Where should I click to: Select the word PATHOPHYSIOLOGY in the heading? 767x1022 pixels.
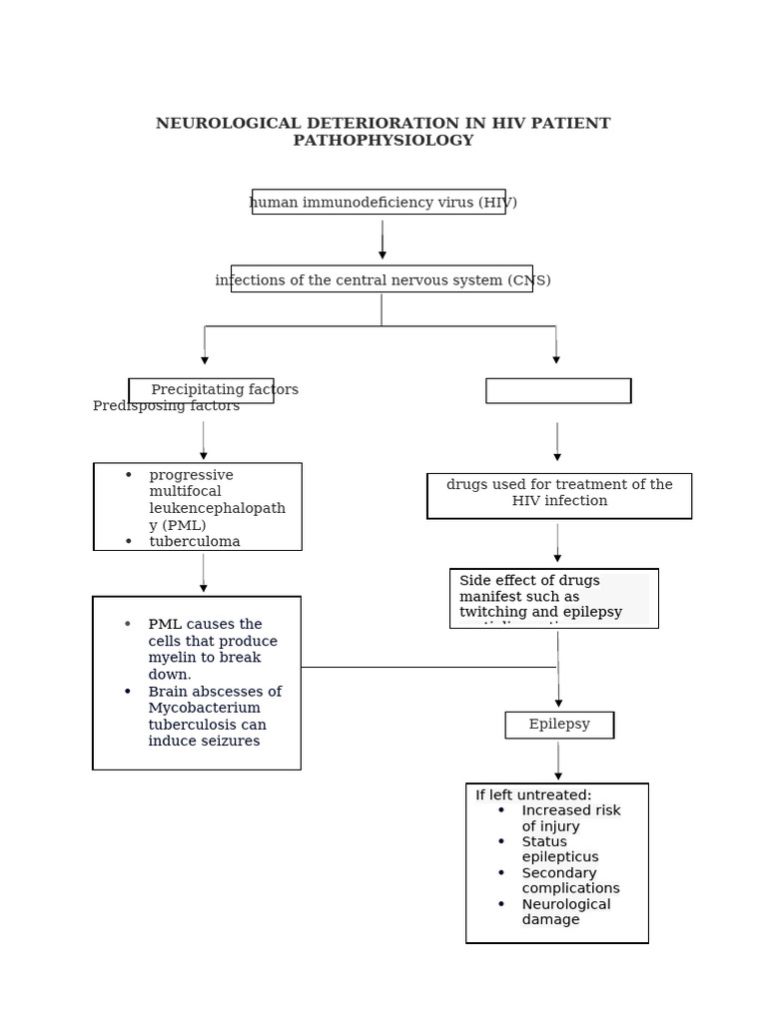[x=383, y=141]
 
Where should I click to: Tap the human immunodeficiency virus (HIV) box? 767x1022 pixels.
[x=379, y=203]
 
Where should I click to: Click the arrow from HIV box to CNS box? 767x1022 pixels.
[x=383, y=240]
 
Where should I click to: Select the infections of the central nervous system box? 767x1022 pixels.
[x=382, y=279]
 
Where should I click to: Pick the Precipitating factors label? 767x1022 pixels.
[x=224, y=389]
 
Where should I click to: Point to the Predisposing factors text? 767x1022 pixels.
[x=166, y=406]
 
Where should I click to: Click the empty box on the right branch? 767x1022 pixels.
[x=558, y=391]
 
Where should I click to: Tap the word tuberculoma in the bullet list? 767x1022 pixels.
[x=195, y=541]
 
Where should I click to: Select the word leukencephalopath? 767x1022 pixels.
[x=217, y=508]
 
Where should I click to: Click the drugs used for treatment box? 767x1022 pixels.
[x=559, y=493]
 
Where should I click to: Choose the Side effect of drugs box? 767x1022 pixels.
[x=553, y=597]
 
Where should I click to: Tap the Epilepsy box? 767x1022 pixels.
[x=559, y=725]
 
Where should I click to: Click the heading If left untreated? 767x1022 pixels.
[x=533, y=795]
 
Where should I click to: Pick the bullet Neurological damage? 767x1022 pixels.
[x=565, y=912]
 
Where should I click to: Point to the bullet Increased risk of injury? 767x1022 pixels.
[x=570, y=818]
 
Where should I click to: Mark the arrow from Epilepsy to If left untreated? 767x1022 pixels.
[x=558, y=762]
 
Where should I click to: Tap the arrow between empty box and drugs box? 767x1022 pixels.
[x=557, y=441]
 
